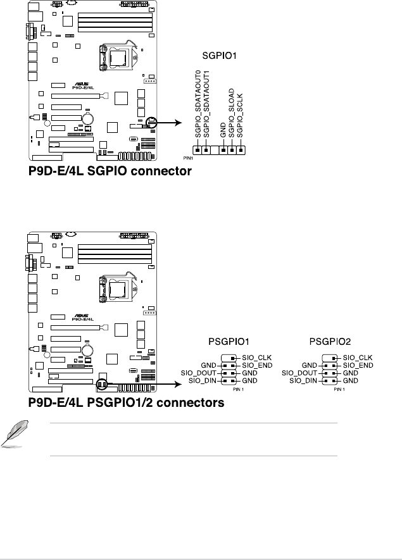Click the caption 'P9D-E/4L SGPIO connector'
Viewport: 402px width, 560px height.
pos(110,171)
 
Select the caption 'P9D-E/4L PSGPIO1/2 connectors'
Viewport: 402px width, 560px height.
pos(126,403)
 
